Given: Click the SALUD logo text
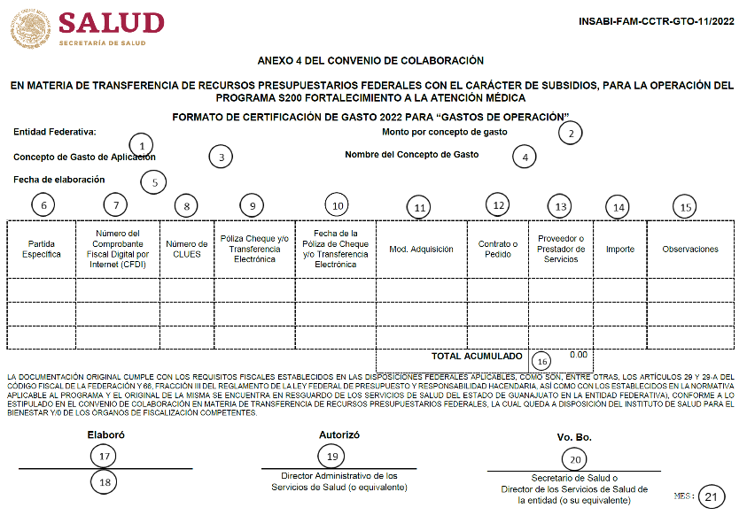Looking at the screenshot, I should [x=111, y=22].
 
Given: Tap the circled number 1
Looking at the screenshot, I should [x=141, y=144].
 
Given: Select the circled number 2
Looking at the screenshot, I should [x=572, y=134].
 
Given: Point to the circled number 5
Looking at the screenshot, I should [x=154, y=182].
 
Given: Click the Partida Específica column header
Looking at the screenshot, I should [x=42, y=249].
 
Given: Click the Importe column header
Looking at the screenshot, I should [x=620, y=249].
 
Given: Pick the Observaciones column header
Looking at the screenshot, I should [x=690, y=249].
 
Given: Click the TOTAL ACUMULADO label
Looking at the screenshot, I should [x=477, y=356].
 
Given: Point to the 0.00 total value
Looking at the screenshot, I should [x=579, y=354].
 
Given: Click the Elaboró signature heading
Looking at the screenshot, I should [x=105, y=435].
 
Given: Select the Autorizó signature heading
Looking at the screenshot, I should [x=339, y=434].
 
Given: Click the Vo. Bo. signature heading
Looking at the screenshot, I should [x=573, y=437].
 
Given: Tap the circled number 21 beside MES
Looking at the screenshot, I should [x=711, y=497].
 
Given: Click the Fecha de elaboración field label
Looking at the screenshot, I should [x=59, y=179].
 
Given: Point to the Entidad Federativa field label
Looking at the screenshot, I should [x=55, y=132].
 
